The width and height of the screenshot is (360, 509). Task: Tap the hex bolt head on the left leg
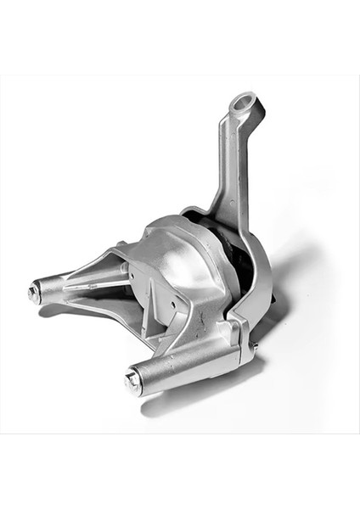pyautogui.click(x=33, y=294)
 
